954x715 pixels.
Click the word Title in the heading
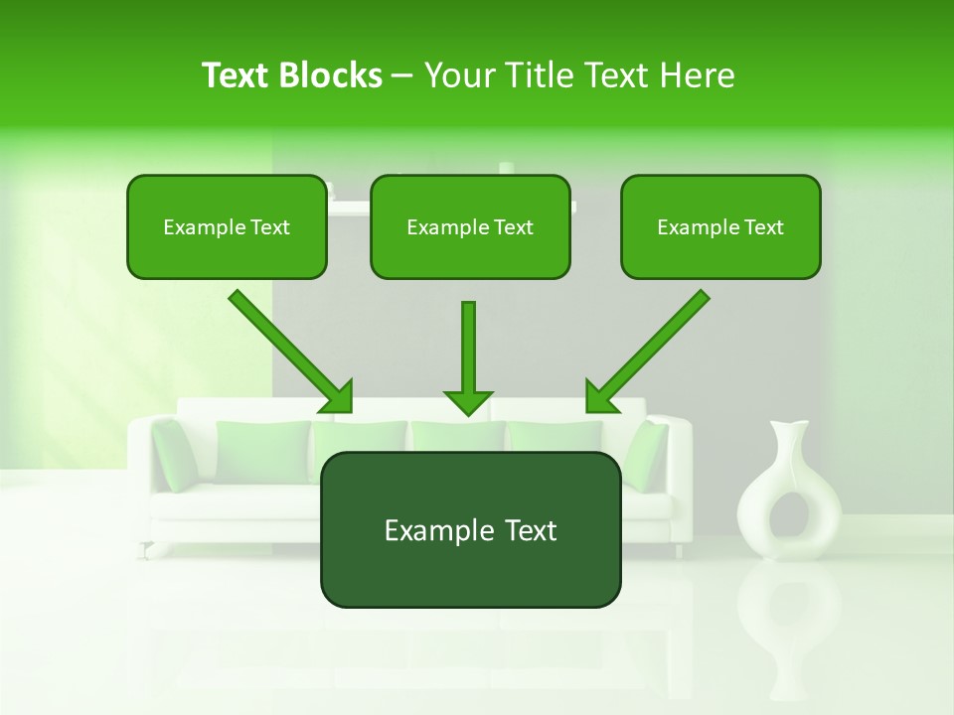click(535, 75)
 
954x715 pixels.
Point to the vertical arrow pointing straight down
click(468, 348)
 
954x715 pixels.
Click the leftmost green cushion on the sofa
click(174, 455)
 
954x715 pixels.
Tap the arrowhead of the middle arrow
click(468, 401)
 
